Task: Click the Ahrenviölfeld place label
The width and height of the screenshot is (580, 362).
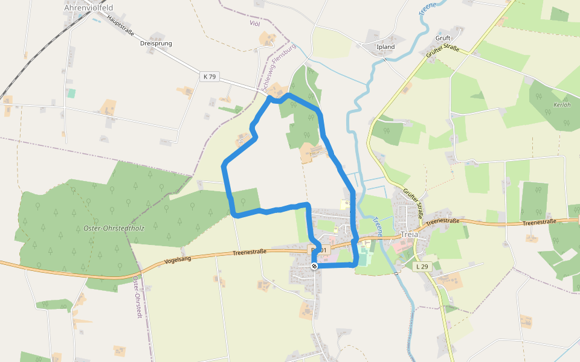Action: (x=88, y=8)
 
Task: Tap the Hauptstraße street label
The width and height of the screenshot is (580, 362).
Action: (x=120, y=27)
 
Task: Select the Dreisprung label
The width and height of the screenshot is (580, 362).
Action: (x=156, y=44)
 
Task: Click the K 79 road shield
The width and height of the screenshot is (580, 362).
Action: (x=209, y=76)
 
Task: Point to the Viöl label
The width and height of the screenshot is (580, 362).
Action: (x=255, y=23)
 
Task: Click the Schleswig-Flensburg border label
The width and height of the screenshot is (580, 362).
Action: (x=279, y=66)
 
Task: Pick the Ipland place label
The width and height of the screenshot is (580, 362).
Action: (x=385, y=47)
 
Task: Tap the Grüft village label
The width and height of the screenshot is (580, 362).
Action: (x=443, y=38)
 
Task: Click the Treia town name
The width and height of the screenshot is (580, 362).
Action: (x=410, y=235)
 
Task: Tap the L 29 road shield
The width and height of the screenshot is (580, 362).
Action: (x=421, y=266)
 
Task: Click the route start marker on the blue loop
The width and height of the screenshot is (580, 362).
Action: (x=314, y=266)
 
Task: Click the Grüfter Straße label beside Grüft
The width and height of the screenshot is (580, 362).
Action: (x=443, y=52)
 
